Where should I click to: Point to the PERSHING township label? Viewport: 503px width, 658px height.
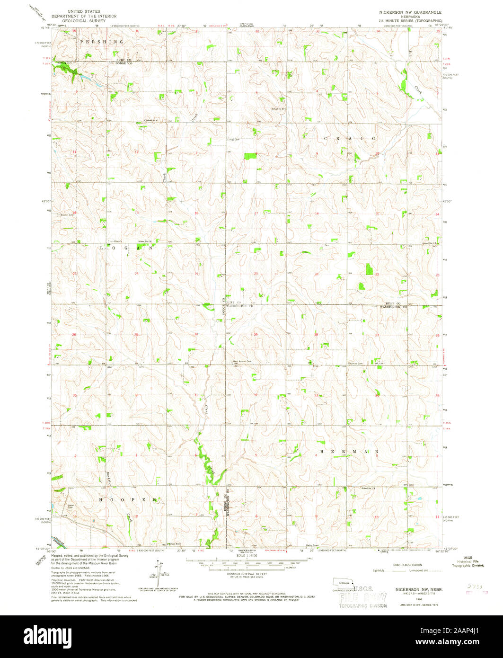pos(101,42)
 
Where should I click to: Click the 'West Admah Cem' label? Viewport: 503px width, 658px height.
pos(242,363)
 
